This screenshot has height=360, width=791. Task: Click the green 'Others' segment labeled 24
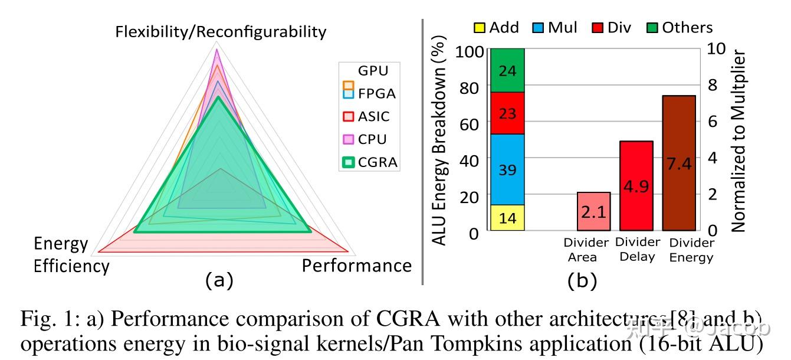(x=507, y=70)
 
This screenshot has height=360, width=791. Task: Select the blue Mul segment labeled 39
(x=507, y=170)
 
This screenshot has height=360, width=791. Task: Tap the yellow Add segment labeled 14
(x=507, y=218)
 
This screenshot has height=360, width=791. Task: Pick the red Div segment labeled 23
(x=507, y=113)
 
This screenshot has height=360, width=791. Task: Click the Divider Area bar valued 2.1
(x=593, y=211)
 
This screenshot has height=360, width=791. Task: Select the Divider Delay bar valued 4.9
(x=636, y=186)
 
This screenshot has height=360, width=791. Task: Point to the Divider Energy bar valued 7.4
(x=679, y=163)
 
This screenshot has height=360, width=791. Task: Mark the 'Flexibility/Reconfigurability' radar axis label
(x=221, y=31)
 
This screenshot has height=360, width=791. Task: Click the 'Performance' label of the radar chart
(x=356, y=266)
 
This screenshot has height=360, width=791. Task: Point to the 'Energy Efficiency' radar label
(x=70, y=255)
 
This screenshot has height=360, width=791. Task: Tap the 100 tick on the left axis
(x=470, y=51)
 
